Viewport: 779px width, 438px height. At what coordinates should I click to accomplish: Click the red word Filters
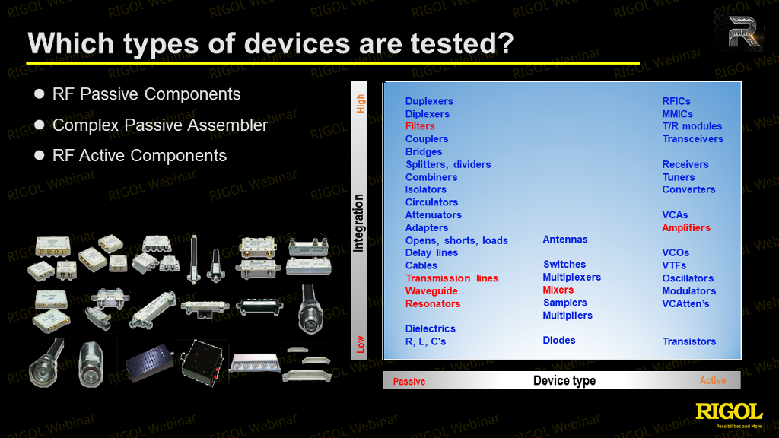pos(420,126)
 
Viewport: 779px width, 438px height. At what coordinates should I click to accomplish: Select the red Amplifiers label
pos(686,227)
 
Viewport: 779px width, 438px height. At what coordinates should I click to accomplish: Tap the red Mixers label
pos(558,290)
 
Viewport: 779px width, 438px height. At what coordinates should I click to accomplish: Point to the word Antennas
pos(565,239)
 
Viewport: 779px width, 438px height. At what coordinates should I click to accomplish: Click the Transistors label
pos(689,341)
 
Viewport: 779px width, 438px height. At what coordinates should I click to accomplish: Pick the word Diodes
pos(559,340)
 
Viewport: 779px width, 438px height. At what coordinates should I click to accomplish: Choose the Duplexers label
pos(429,101)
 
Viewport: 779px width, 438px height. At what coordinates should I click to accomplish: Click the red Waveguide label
pos(431,291)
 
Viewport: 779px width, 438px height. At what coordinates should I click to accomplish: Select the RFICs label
pos(676,101)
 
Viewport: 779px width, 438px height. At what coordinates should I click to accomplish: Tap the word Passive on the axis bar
pos(409,382)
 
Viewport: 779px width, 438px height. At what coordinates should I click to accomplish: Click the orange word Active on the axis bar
pos(712,380)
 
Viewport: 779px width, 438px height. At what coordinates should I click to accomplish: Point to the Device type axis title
pos(564,380)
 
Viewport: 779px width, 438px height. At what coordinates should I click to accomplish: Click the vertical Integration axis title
pos(358,223)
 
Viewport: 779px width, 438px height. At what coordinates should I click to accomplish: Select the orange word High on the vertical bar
pos(360,103)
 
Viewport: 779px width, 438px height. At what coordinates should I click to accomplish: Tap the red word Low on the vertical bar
pos(360,344)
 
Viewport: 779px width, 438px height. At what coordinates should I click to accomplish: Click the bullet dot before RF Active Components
pos(40,155)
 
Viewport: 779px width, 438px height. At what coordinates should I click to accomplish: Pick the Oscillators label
pos(688,278)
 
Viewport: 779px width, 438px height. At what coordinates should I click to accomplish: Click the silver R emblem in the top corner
pos(742,32)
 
